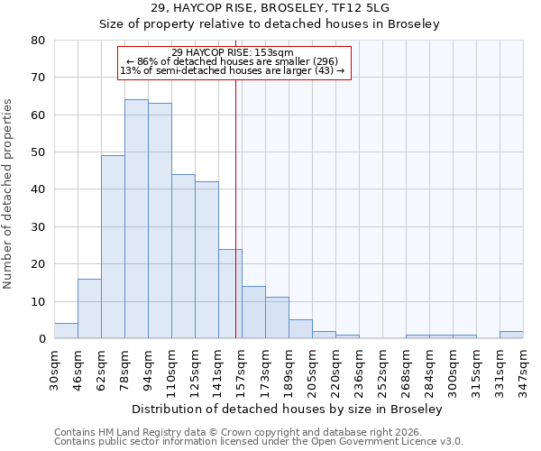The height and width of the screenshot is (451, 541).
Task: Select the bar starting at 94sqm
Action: click(160, 221)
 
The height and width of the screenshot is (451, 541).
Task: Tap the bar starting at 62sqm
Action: click(113, 247)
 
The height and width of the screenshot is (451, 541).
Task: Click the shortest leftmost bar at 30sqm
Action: click(66, 331)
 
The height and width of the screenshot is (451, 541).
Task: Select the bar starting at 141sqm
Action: click(230, 294)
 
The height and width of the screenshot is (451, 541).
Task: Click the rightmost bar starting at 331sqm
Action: click(511, 335)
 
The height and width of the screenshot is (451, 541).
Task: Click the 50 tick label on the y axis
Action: click(39, 152)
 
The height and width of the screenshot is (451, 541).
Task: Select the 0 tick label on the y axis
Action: click(41, 339)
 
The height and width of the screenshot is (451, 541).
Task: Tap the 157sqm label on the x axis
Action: click(242, 368)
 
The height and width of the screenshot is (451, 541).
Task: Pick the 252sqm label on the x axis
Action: click(382, 368)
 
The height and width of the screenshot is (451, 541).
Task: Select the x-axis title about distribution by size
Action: click(287, 410)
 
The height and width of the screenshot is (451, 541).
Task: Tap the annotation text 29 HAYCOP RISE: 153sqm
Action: click(233, 52)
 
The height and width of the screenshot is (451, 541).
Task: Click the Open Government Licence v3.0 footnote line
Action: click(259, 442)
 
